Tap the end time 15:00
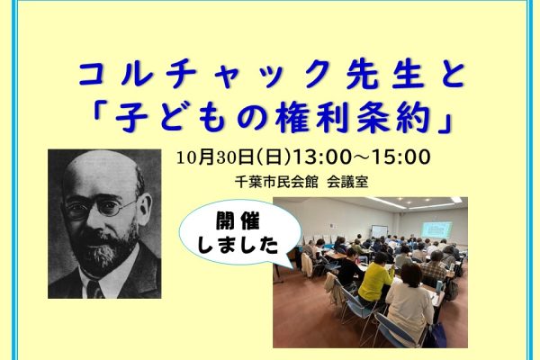(401, 157)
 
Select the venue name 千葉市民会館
(276, 182)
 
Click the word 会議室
(347, 182)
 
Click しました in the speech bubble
(238, 245)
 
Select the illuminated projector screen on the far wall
(436, 229)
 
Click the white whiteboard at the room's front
(379, 232)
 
